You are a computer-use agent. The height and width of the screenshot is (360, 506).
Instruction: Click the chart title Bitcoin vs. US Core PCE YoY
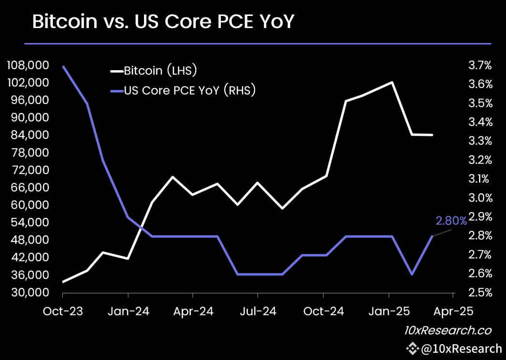coord(163,22)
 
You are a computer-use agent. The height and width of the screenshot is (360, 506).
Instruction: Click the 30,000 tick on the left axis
coord(30,292)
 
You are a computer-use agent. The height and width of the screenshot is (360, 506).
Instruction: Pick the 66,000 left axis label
coord(30,187)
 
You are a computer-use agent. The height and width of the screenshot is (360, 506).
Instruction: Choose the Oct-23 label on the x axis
coord(63,311)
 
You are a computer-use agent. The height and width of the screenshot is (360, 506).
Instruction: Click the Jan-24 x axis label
coord(128,311)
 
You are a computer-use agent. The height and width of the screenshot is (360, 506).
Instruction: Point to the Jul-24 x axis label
coord(258,311)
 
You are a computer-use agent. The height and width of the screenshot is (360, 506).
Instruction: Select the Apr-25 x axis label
coord(453,311)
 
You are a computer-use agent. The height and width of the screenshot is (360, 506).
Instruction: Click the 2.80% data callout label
coord(451,221)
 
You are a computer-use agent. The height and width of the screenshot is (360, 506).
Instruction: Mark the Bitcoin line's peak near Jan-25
coord(392,82)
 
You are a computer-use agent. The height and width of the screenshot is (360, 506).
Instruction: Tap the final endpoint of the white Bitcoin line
coord(432,135)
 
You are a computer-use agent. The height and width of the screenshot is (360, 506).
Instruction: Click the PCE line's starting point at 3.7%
coord(63,66)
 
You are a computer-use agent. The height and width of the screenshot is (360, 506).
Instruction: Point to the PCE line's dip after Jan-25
coord(412,274)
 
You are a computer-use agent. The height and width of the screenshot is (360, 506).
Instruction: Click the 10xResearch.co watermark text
coord(448,331)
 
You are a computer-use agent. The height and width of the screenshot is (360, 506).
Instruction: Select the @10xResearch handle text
coord(461,348)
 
